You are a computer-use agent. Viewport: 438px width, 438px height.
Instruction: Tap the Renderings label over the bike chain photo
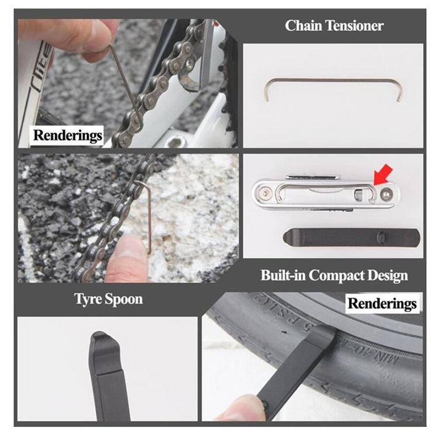click(68, 135)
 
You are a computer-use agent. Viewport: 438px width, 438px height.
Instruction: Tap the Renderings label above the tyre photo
click(383, 303)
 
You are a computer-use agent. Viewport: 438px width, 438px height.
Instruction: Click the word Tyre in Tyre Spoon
click(89, 300)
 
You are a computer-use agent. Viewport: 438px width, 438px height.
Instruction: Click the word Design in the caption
click(387, 275)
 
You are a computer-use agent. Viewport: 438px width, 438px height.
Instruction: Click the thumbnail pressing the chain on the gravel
click(127, 248)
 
